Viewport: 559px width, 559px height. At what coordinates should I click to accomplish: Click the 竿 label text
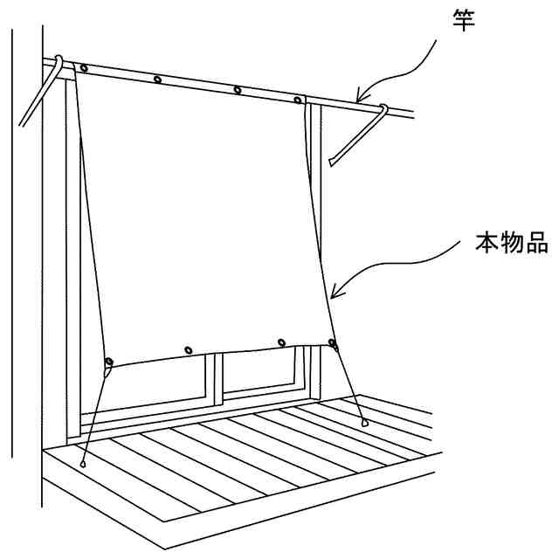pyautogui.click(x=463, y=18)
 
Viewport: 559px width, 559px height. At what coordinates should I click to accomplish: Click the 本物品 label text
pyautogui.click(x=511, y=242)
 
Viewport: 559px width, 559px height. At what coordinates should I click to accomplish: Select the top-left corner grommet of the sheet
pyautogui.click(x=83, y=68)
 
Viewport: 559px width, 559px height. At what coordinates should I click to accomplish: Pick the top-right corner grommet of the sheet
pyautogui.click(x=299, y=100)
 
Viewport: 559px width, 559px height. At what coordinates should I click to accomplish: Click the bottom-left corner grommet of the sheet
pyautogui.click(x=108, y=362)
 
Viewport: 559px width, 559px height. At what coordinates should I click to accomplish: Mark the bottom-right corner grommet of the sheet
pyautogui.click(x=331, y=342)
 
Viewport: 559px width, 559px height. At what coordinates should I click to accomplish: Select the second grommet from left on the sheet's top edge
pyautogui.click(x=158, y=79)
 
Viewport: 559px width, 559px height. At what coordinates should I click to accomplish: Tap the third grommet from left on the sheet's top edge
pyautogui.click(x=238, y=90)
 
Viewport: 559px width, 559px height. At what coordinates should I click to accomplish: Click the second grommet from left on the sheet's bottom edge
pyautogui.click(x=189, y=350)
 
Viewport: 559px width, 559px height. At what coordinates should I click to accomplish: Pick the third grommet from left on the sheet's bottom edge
pyautogui.click(x=280, y=341)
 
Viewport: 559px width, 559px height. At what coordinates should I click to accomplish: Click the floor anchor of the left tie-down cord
pyautogui.click(x=84, y=464)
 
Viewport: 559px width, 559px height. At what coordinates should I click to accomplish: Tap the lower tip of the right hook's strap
pyautogui.click(x=333, y=162)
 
